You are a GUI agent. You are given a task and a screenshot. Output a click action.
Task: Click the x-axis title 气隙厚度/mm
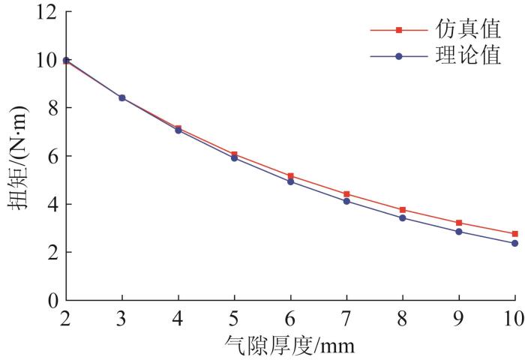pos(289,326)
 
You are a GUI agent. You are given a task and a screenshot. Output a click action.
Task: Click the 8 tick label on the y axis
pos(52,108)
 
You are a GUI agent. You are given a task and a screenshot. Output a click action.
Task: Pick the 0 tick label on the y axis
pos(52,279)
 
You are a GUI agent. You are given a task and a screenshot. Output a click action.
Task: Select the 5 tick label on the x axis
pos(234,298)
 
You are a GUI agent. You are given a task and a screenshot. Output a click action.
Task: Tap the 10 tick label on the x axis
pos(513,298)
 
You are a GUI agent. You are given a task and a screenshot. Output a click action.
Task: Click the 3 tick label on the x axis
pos(121,298)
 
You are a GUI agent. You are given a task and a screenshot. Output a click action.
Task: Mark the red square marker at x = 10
pos(514,234)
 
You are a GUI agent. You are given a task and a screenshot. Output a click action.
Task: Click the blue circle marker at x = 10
pos(514,243)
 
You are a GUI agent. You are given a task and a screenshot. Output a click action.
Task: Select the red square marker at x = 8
pos(403,210)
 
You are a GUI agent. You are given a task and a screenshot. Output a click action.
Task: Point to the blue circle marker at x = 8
pos(403,218)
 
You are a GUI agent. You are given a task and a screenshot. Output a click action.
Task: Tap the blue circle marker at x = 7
pos(346,201)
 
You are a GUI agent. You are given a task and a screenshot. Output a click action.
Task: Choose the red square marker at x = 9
pos(459,223)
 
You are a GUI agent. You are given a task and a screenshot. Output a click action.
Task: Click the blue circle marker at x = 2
pos(66,60)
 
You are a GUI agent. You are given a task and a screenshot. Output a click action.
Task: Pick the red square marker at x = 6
pos(290,176)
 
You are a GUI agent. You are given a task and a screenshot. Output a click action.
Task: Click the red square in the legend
pos(399,30)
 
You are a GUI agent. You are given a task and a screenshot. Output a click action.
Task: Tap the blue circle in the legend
pos(399,56)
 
